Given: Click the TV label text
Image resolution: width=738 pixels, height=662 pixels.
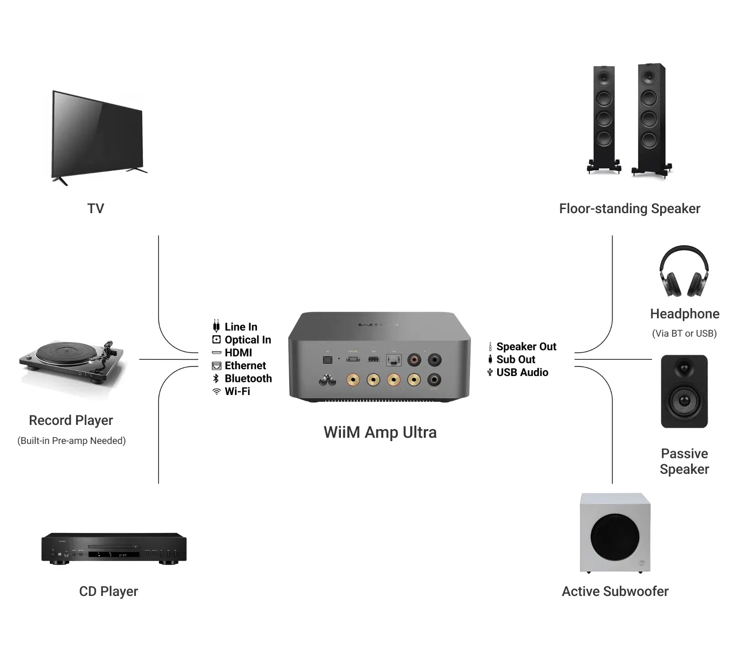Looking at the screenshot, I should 96,209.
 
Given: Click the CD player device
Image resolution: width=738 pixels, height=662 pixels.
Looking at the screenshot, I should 114,548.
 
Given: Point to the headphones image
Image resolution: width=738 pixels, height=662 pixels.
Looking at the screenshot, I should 684,271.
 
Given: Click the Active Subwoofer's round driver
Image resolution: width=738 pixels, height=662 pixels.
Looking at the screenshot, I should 615,537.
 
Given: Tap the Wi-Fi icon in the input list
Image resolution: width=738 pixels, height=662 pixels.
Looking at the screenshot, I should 216,391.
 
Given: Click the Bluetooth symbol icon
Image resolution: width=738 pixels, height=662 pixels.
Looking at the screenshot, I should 216,378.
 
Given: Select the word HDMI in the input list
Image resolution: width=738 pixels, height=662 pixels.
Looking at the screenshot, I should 238,352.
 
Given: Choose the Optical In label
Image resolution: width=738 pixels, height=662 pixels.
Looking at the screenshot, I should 248,340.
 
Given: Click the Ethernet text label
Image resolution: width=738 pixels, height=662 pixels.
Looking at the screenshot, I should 245,366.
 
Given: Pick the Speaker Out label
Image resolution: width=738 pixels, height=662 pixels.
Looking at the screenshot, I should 526,347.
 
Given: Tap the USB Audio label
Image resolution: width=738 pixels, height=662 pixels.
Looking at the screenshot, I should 522,372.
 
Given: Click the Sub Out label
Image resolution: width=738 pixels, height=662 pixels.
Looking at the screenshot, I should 516,359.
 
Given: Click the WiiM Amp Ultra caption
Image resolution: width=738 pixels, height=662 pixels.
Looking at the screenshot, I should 380,432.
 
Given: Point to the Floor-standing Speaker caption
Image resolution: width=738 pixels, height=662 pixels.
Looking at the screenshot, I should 629,209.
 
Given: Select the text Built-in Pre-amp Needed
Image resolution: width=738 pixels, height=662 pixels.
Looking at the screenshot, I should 72,441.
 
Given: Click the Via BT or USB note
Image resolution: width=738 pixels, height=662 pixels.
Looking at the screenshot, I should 684,333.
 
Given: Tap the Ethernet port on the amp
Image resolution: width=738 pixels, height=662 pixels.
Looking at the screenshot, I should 393,360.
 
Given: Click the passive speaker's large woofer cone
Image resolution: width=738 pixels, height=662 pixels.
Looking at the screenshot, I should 684,400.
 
